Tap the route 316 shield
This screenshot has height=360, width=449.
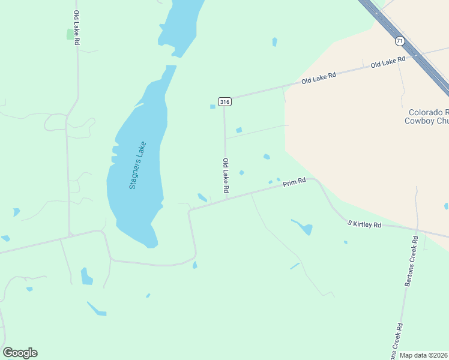[x=224, y=102]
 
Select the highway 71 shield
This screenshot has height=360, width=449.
[x=400, y=41]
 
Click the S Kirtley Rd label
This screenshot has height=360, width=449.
[x=364, y=224]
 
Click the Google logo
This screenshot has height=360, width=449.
[x=20, y=353]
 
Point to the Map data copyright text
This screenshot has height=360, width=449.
[x=424, y=355]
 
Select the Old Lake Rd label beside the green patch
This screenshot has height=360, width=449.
[x=76, y=28]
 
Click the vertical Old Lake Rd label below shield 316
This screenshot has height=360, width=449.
[x=226, y=175]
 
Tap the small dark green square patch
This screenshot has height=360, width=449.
[x=70, y=34]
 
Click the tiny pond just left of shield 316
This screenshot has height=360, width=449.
[x=212, y=107]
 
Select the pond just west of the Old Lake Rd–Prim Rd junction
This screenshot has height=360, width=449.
[x=202, y=197]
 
